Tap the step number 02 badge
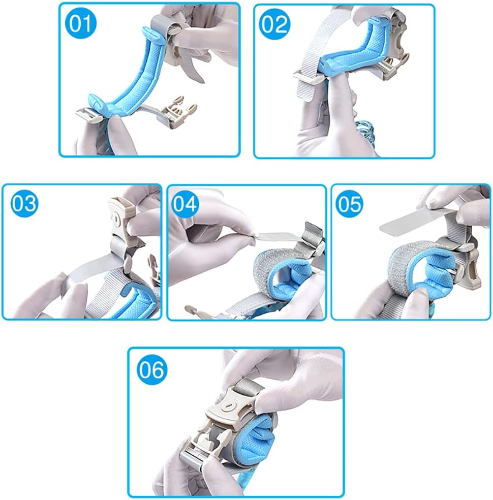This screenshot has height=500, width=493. click(x=274, y=24)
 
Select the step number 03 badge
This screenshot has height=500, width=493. click(x=24, y=203)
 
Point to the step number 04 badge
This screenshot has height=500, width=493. click(x=184, y=204)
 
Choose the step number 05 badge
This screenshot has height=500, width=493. click(x=350, y=204)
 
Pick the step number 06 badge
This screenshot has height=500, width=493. click(x=152, y=369)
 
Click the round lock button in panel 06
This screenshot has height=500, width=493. click(x=229, y=406)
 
